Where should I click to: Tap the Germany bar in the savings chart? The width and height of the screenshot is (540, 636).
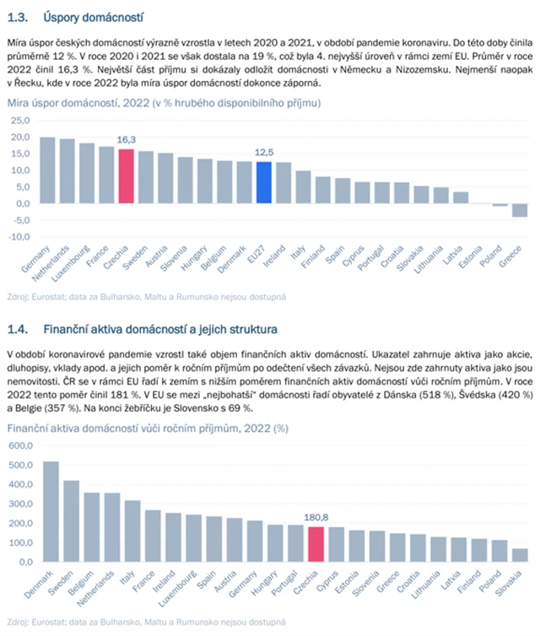[48, 170]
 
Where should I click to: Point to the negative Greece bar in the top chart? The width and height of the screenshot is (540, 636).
[520, 210]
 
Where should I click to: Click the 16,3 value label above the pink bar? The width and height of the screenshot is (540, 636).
[127, 141]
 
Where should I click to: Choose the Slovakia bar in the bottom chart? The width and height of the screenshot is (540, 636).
[520, 554]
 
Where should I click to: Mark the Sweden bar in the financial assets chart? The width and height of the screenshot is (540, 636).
[72, 520]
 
